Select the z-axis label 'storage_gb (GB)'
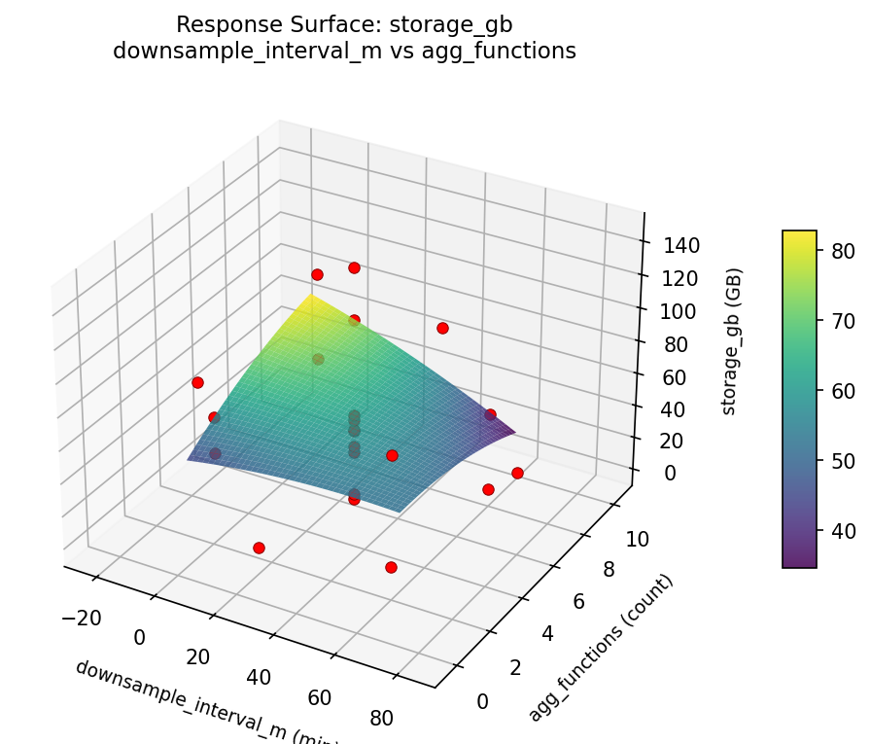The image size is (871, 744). click(x=729, y=340)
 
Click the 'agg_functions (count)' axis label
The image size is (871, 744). click(x=601, y=648)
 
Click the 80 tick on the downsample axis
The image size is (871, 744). click(x=382, y=719)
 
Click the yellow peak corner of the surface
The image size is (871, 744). click(x=312, y=297)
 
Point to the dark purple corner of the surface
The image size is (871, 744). click(x=512, y=429)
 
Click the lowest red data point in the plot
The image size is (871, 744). click(x=391, y=567)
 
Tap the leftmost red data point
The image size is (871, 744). click(x=197, y=382)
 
